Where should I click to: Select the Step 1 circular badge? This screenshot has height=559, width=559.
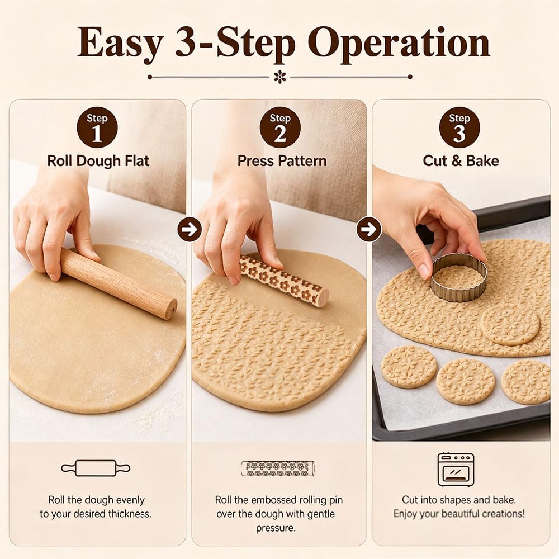click(x=97, y=127)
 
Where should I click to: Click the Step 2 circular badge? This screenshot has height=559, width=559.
click(x=280, y=127)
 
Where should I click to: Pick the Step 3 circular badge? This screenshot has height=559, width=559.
click(x=459, y=127)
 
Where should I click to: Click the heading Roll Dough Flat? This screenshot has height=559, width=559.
click(x=98, y=161)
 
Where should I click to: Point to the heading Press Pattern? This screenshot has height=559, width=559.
click(x=282, y=161)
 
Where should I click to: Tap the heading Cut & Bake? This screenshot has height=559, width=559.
click(x=461, y=161)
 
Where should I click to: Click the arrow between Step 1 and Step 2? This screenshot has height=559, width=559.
click(x=190, y=229)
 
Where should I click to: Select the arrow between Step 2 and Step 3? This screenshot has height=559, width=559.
click(x=369, y=229)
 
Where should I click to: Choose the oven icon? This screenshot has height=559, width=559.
click(x=456, y=470)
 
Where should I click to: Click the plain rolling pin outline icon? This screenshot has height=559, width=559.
click(x=96, y=468)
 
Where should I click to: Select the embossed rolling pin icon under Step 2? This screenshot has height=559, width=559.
click(x=278, y=468)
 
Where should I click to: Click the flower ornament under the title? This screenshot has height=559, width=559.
click(x=280, y=77)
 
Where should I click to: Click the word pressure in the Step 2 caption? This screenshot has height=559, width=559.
click(x=276, y=528)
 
